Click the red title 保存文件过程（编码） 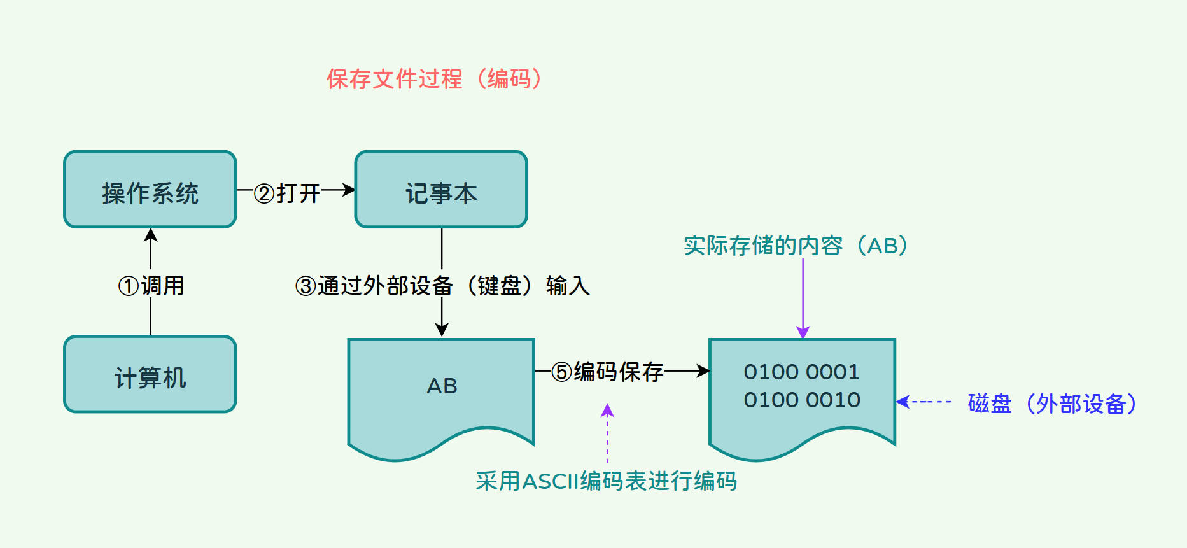[434, 79]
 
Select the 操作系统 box [150, 190]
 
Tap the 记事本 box [441, 190]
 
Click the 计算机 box [150, 375]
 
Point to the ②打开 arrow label [287, 193]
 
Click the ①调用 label [151, 286]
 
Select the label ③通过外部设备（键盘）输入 [442, 286]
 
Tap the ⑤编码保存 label [607, 371]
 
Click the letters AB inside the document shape [442, 386]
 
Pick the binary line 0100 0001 [801, 372]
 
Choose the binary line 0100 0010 [802, 400]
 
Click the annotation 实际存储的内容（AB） [796, 246]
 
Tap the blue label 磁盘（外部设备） [1052, 404]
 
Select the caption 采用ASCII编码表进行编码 [606, 481]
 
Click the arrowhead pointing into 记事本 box [349, 190]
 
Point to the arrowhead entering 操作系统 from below [151, 235]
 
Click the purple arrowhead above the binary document [803, 332]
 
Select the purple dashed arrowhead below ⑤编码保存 [608, 411]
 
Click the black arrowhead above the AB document [442, 330]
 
